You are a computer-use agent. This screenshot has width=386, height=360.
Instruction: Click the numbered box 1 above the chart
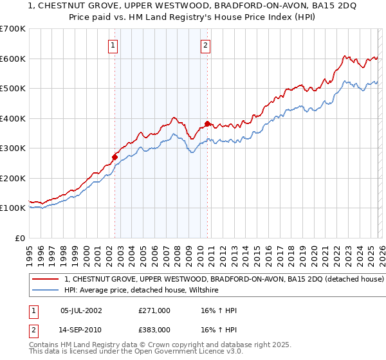click(x=113, y=45)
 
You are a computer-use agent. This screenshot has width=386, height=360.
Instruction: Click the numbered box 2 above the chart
click(x=205, y=45)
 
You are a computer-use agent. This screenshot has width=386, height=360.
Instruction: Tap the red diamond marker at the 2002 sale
click(x=115, y=156)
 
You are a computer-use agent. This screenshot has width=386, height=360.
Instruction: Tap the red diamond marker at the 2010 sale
click(x=207, y=123)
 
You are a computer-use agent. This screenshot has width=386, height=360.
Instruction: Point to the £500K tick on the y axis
click(x=14, y=88)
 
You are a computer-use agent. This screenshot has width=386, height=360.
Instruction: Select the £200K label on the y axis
click(x=14, y=178)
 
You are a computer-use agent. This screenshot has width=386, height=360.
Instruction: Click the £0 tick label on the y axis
click(x=19, y=238)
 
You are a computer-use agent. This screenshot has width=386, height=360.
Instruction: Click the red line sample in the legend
click(x=45, y=279)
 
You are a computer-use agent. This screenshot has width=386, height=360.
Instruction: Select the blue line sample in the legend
click(x=45, y=290)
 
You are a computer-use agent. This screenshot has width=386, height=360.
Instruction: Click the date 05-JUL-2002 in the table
click(x=80, y=310)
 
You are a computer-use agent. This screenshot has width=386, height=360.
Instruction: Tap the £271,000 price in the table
click(x=154, y=310)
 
